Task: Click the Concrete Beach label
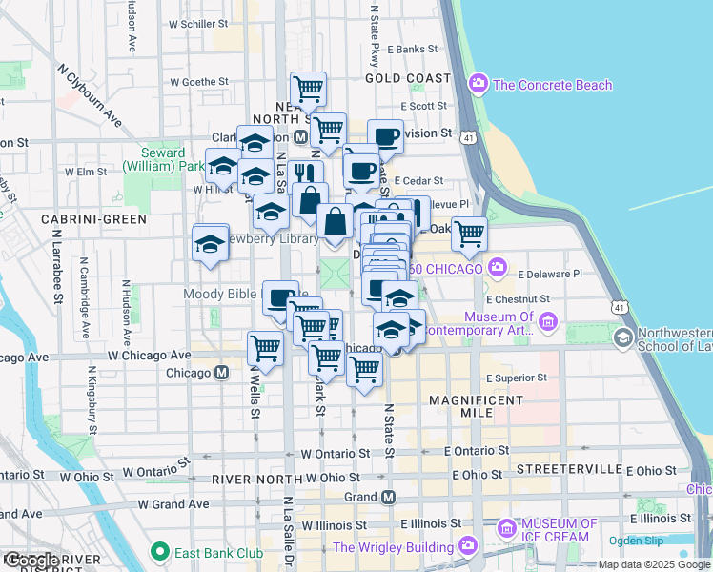pos(553,85)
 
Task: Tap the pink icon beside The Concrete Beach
pos(479,85)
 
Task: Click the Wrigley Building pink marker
pos(468,547)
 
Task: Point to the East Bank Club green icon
pos(160,552)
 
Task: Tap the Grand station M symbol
pos(389,497)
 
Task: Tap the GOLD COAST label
pos(407,77)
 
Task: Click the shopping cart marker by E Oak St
pos(469,232)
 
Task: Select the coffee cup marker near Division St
pos(385,135)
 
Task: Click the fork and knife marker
pos(305,175)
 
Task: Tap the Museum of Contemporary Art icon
pos(547,321)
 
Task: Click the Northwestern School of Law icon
pos(622,337)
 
